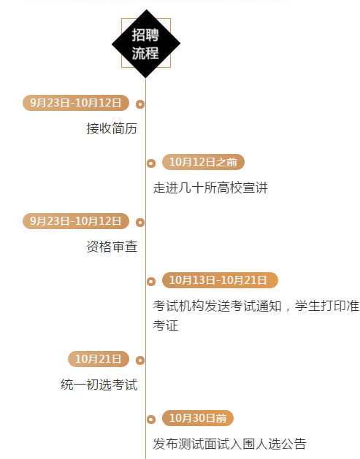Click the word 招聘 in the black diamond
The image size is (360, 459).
pyautogui.click(x=145, y=35)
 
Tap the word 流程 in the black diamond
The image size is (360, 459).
pyautogui.click(x=145, y=53)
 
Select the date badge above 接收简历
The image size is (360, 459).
pyautogui.click(x=76, y=103)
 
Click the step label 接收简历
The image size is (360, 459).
pyautogui.click(x=112, y=128)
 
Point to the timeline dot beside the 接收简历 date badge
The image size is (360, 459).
pyautogui.click(x=140, y=104)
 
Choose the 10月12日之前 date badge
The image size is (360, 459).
pyautogui.click(x=203, y=162)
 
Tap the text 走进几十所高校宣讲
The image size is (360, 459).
pyautogui.click(x=210, y=188)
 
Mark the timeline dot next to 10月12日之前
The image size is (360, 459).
pyautogui.click(x=151, y=163)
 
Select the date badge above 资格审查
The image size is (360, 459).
pyautogui.click(x=76, y=221)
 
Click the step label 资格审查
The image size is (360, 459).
pyautogui.click(x=112, y=247)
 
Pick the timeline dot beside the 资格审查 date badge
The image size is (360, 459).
pyautogui.click(x=140, y=223)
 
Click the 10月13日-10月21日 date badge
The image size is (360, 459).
pyautogui.click(x=220, y=280)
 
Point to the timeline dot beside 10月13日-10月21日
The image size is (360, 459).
pyautogui.click(x=151, y=282)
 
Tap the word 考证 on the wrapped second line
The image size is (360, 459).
pyautogui.click(x=166, y=325)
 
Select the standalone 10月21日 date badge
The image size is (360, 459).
pyautogui.click(x=99, y=359)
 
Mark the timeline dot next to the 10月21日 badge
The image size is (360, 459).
pyautogui.click(x=140, y=360)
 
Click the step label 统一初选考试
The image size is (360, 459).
pyautogui.click(x=99, y=385)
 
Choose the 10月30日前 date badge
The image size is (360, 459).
pyautogui.click(x=198, y=418)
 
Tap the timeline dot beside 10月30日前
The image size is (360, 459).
pyautogui.click(x=151, y=420)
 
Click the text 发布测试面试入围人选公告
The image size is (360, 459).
pyautogui.click(x=229, y=444)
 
